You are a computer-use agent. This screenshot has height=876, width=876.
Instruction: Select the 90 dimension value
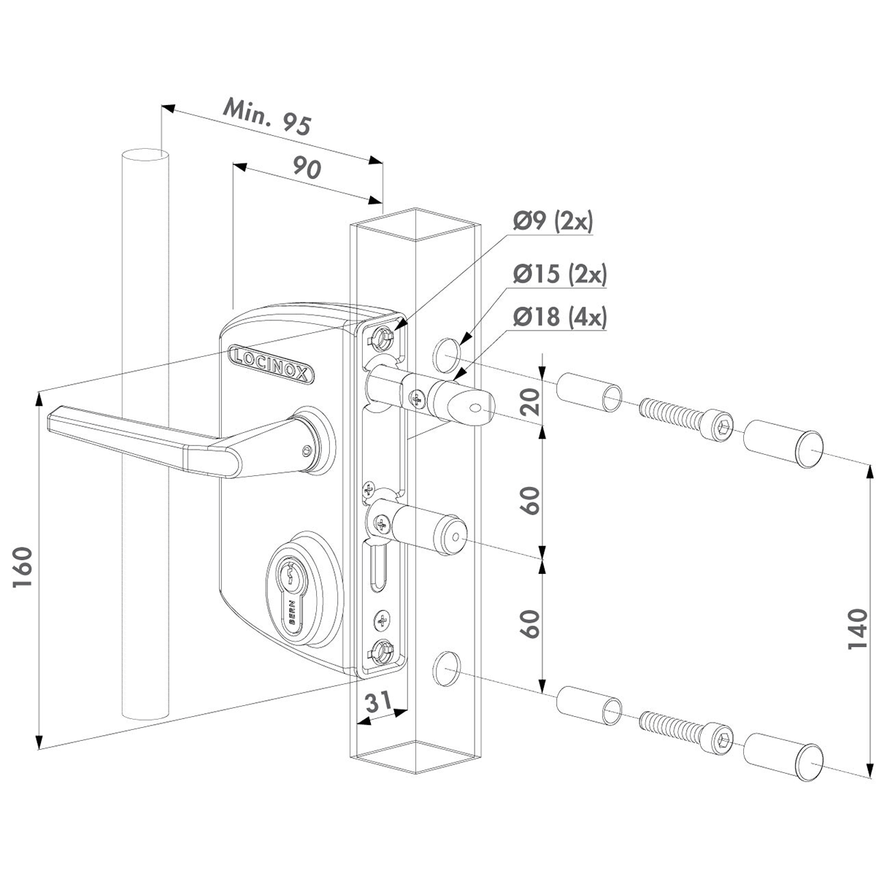click(x=307, y=169)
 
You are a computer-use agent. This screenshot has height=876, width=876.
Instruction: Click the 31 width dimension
click(x=376, y=702)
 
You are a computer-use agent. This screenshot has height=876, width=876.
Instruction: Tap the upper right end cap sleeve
click(x=783, y=445)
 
